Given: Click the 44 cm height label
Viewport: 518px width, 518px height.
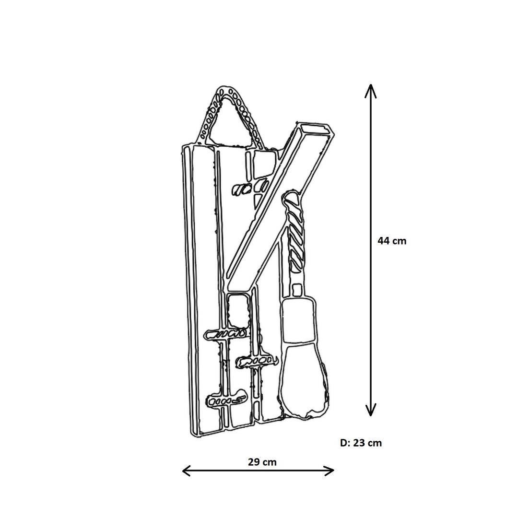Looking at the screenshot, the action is (x=392, y=241).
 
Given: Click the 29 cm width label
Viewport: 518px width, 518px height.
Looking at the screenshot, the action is (x=262, y=462).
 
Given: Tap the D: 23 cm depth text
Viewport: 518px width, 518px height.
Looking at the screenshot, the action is (x=361, y=443).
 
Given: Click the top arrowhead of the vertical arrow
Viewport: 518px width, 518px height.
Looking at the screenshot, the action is (x=371, y=90).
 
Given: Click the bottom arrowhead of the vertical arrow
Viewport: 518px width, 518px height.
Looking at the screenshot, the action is (x=371, y=410).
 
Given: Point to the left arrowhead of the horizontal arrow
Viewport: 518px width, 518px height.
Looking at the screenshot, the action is (x=187, y=471).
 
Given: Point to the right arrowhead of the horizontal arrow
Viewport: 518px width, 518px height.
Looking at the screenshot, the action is (x=329, y=471).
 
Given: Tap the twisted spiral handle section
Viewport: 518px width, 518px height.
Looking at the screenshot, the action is (x=294, y=231).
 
